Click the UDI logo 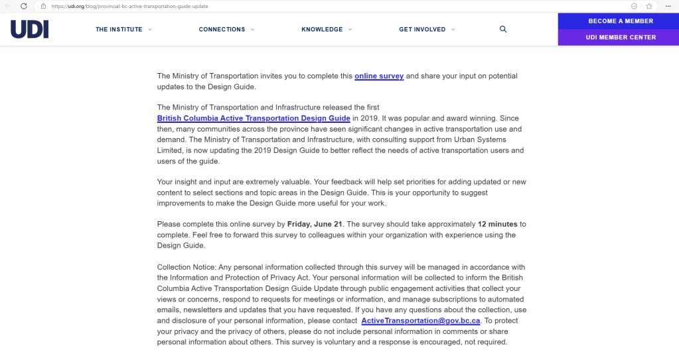(29, 29)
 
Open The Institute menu (119, 29)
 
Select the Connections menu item (222, 29)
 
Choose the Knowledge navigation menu (322, 29)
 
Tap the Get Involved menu (422, 29)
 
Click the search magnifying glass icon (503, 29)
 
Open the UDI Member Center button (621, 37)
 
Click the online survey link (379, 76)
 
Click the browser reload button (24, 6)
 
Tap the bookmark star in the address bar (648, 6)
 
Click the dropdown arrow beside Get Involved (453, 29)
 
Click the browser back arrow (8, 6)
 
